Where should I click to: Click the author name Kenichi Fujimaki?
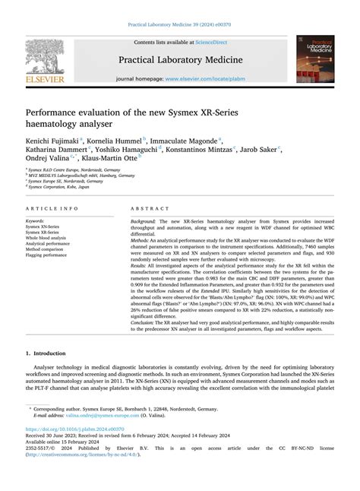tap(54, 141)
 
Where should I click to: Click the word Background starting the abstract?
tap(144, 220)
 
